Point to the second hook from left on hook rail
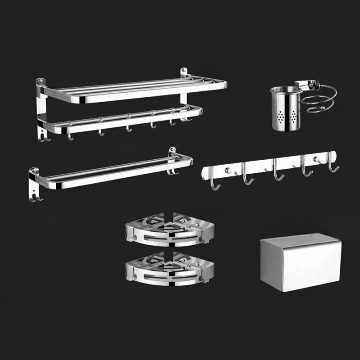247,177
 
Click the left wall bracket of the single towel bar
34,184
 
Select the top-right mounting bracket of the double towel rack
184,73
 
